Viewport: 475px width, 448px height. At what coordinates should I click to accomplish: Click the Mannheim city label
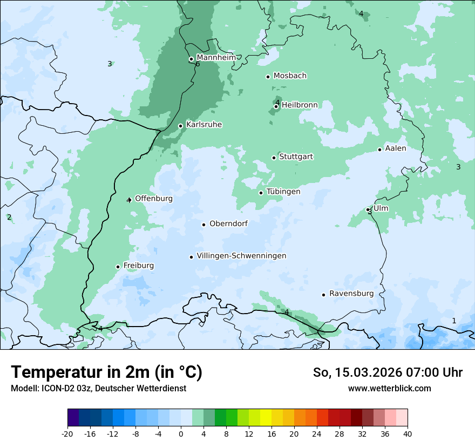(x=216, y=57)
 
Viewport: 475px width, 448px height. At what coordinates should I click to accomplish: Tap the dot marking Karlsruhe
(x=181, y=126)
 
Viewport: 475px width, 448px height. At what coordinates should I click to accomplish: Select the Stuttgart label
(x=296, y=157)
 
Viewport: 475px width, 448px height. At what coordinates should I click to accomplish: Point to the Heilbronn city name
(x=300, y=105)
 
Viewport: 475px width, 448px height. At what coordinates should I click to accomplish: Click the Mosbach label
(x=290, y=76)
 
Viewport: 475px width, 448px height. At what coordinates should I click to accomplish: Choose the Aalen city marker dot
(x=380, y=150)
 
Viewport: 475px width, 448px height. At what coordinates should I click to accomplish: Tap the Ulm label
(x=381, y=208)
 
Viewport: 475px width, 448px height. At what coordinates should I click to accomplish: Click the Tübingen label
(x=283, y=192)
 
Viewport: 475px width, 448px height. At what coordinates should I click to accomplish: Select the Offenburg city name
(x=154, y=199)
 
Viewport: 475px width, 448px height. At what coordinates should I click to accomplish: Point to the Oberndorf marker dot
(x=204, y=225)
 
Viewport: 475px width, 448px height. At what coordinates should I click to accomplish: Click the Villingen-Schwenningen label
(x=241, y=256)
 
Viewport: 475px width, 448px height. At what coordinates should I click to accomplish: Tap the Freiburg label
(x=138, y=266)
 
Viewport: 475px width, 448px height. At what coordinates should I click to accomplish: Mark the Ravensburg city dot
(x=324, y=295)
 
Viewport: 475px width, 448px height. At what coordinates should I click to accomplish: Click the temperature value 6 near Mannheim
(x=198, y=64)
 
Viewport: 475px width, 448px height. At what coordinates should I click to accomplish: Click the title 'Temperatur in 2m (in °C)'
(x=106, y=372)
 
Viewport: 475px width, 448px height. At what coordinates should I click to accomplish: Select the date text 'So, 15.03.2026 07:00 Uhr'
(x=388, y=372)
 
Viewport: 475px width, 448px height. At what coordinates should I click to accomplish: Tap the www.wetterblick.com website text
(x=389, y=388)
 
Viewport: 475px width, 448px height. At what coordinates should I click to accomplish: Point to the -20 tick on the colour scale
(x=67, y=433)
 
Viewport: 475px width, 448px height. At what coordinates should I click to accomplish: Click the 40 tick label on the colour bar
(x=407, y=433)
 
